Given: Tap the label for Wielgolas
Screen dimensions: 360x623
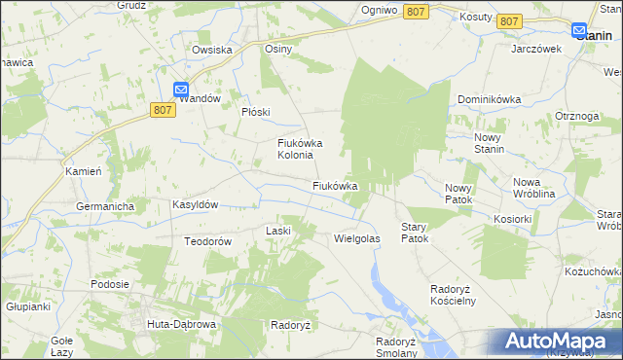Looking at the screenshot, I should coord(356,237).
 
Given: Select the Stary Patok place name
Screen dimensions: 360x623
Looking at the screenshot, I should coord(415,232).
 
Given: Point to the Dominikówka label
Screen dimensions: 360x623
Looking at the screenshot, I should coord(490,99).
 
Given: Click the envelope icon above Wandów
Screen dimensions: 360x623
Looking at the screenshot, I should coord(181,90).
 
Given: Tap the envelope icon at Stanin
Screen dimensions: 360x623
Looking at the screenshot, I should coord(578,32).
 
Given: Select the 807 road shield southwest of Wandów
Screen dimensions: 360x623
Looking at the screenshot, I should coord(164,112).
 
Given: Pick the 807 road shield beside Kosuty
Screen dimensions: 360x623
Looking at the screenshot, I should coord(508,20).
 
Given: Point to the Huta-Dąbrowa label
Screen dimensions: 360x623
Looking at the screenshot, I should coord(180,323).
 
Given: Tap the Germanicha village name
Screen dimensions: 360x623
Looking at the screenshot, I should coord(105,206).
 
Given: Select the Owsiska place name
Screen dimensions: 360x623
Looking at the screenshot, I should coord(211,50).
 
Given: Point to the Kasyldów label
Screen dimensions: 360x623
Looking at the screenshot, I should coord(195,205).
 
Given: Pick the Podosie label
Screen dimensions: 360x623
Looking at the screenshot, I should coord(110,284).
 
